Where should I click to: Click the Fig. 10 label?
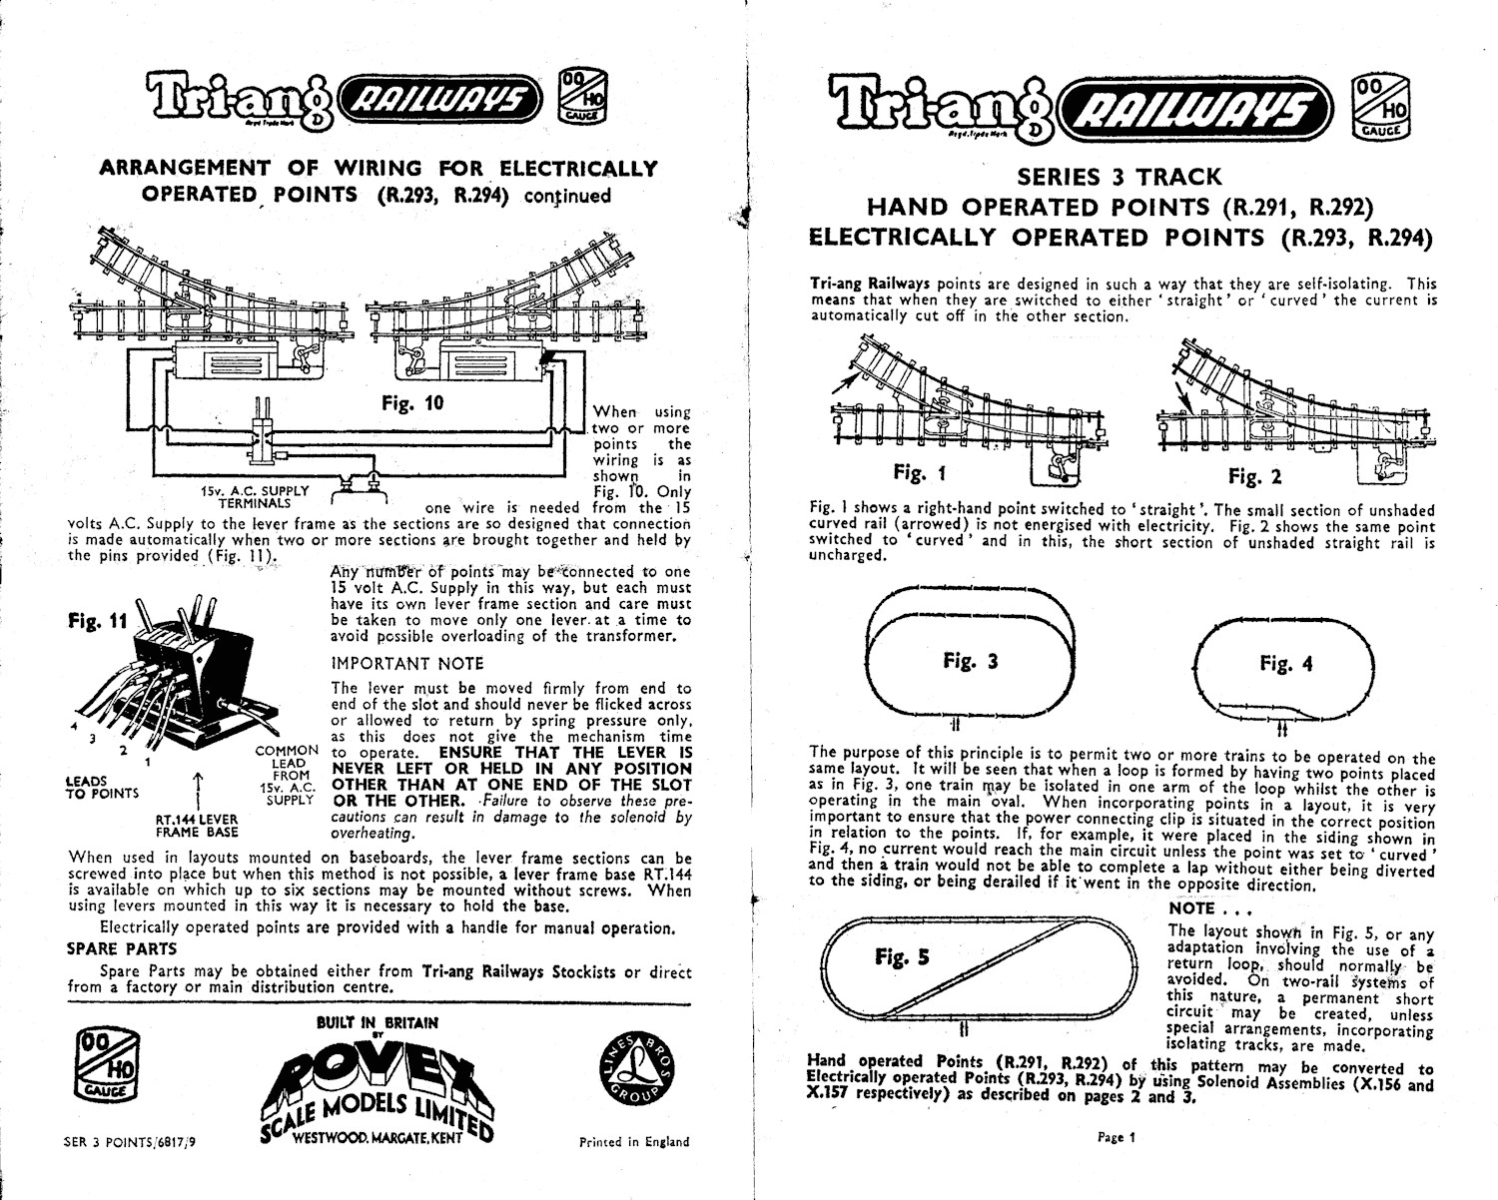pyautogui.click(x=412, y=404)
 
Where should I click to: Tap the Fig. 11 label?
pyautogui.click(x=98, y=620)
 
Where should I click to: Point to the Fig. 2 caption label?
pyautogui.click(x=1254, y=476)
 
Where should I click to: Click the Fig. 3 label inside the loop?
pyautogui.click(x=970, y=661)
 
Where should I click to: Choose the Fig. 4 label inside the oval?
pyautogui.click(x=1285, y=664)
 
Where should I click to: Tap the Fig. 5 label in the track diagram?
pyautogui.click(x=902, y=956)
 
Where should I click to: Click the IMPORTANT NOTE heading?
pyautogui.click(x=406, y=664)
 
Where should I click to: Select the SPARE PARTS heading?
pyautogui.click(x=122, y=949)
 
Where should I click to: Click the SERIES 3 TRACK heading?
pyautogui.click(x=1119, y=177)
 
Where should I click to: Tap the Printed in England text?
pyautogui.click(x=634, y=1142)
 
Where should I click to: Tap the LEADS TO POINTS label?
pyautogui.click(x=102, y=787)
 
